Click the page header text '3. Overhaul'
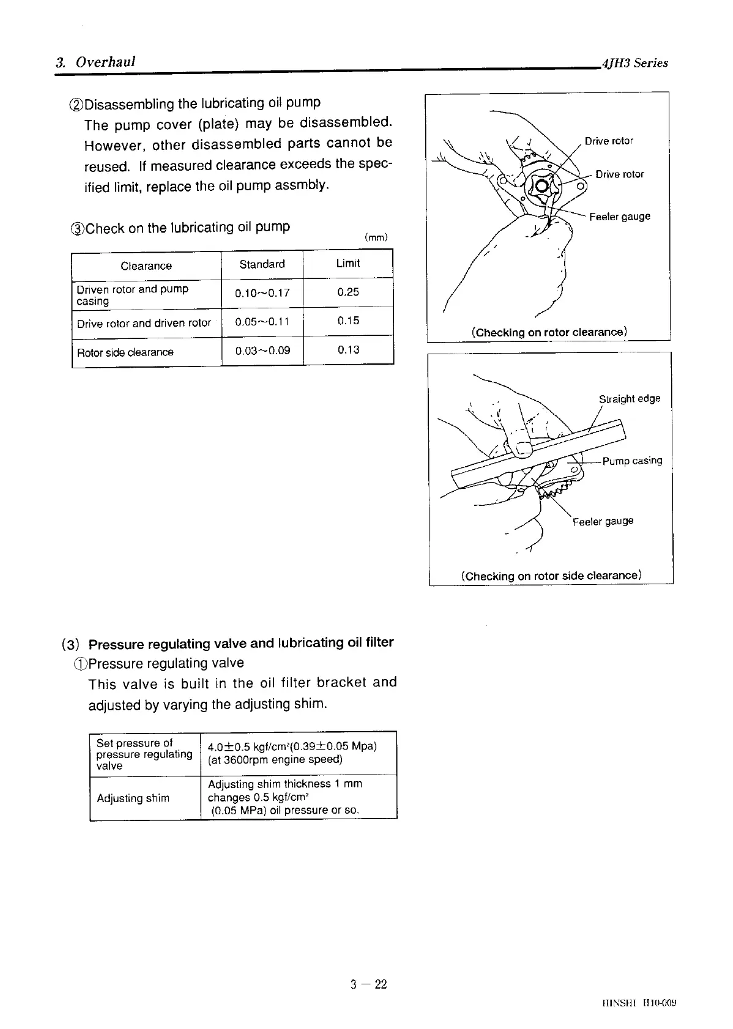[95, 62]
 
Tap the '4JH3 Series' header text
[634, 63]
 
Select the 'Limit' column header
[348, 264]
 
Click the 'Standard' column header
[262, 264]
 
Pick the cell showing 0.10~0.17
[262, 293]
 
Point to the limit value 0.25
[348, 292]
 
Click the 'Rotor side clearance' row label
[125, 352]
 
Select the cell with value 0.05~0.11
[262, 322]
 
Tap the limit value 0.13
[348, 350]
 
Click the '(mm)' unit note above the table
[376, 237]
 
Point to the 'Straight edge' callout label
[629, 399]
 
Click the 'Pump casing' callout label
[632, 461]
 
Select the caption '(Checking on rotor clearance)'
[549, 332]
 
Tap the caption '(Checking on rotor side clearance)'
[551, 576]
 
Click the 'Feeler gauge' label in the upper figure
[619, 217]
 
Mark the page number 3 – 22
[369, 984]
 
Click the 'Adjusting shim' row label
[133, 798]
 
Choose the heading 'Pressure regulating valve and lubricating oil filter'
[241, 643]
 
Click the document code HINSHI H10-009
[639, 1003]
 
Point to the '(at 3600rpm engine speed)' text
[275, 760]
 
